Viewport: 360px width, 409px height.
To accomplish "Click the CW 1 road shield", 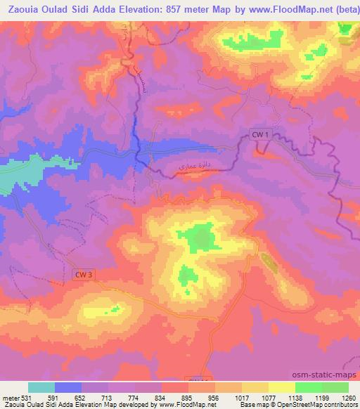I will coord(260,134).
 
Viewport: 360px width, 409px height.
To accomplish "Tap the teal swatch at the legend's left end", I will coord(41,387).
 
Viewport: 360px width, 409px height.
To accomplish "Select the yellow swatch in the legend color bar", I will coord(282,387).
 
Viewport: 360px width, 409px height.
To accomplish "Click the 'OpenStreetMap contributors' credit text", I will coord(317,404).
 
